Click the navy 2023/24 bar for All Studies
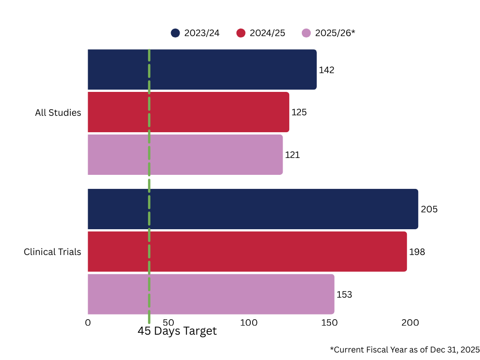click(x=202, y=69)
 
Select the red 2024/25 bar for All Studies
click(x=188, y=112)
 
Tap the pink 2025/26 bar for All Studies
click(x=185, y=155)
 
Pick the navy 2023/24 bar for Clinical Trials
click(x=253, y=209)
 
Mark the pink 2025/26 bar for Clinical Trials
click(x=210, y=294)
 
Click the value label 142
click(x=327, y=70)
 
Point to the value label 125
click(x=299, y=112)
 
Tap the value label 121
click(x=292, y=155)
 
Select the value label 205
click(x=429, y=209)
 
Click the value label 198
click(x=417, y=252)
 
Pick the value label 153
click(x=344, y=295)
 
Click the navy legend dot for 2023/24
click(x=175, y=33)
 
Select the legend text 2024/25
click(x=267, y=33)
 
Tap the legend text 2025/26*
click(x=335, y=33)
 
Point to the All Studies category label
click(x=58, y=113)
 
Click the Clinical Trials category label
click(x=52, y=252)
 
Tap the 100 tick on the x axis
click(x=248, y=322)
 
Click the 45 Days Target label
click(x=177, y=331)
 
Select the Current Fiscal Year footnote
click(x=405, y=350)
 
